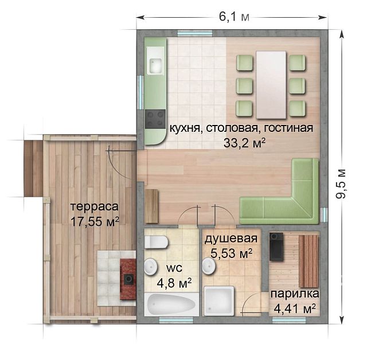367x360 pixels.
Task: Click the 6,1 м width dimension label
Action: [x=233, y=18]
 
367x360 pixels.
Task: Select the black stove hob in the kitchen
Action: [x=155, y=119]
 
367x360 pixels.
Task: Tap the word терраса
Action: [x=95, y=206]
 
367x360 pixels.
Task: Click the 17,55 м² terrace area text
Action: [x=95, y=221]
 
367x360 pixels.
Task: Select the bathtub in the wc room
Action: [x=171, y=304]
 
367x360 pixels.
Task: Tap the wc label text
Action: [x=174, y=268]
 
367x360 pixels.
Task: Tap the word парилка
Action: [x=295, y=294]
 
